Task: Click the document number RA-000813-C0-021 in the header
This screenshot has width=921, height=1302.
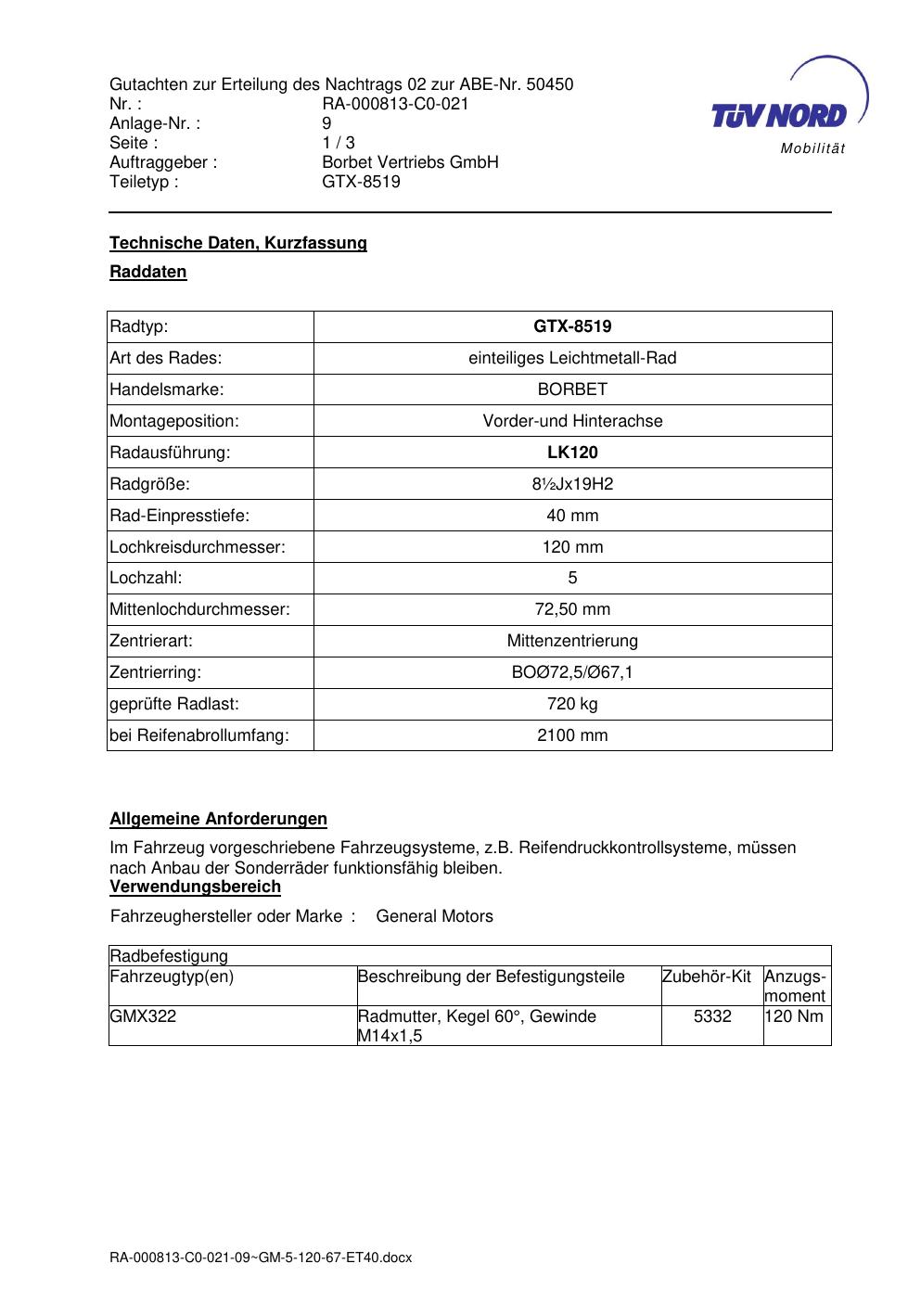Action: click(x=395, y=104)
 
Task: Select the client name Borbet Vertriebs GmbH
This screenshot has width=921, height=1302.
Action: click(x=410, y=162)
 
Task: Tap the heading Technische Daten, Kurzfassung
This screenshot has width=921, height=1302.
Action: click(x=238, y=243)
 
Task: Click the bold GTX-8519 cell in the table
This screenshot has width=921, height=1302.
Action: click(x=572, y=326)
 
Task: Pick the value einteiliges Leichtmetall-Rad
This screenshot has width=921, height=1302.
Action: click(x=572, y=358)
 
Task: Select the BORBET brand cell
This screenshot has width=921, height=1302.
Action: click(x=572, y=389)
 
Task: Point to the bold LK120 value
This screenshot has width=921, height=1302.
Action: click(x=572, y=453)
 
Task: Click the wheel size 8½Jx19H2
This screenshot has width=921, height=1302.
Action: click(x=572, y=484)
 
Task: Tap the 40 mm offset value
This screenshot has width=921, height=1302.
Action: click(x=572, y=516)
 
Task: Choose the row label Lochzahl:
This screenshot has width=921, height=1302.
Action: click(x=146, y=578)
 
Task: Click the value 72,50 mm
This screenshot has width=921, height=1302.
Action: click(x=572, y=609)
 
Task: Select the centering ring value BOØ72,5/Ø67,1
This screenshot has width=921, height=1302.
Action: click(x=572, y=672)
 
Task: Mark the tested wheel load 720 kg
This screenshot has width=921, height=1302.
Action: click(x=572, y=704)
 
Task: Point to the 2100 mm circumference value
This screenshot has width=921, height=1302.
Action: click(x=572, y=735)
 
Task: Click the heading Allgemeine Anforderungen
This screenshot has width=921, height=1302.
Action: click(x=218, y=819)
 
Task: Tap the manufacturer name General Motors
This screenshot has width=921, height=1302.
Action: click(x=434, y=916)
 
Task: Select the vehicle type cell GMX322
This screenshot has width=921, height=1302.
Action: click(x=143, y=1016)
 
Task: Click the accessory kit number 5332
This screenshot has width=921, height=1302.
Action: click(x=712, y=1016)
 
